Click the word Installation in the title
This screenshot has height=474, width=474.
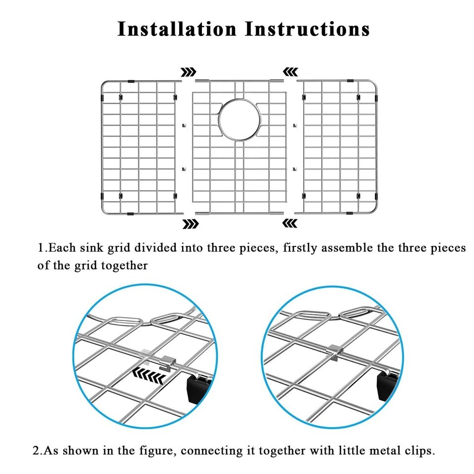point(177,29)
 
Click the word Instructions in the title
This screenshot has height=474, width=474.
point(308,29)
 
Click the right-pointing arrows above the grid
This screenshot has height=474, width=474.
point(188,72)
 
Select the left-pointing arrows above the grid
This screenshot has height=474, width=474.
point(290,72)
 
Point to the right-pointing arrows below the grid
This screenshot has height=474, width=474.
point(191,224)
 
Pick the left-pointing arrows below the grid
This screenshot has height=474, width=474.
point(289,223)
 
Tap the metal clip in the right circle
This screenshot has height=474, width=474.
point(335,352)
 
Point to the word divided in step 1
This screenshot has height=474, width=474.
point(156,248)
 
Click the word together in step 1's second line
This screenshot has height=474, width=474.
point(124,266)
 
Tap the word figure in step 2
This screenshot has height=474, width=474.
point(157,451)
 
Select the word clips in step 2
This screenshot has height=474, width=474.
point(420,451)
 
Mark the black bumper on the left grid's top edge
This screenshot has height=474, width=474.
point(131,81)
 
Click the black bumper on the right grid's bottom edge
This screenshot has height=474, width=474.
point(350,213)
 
